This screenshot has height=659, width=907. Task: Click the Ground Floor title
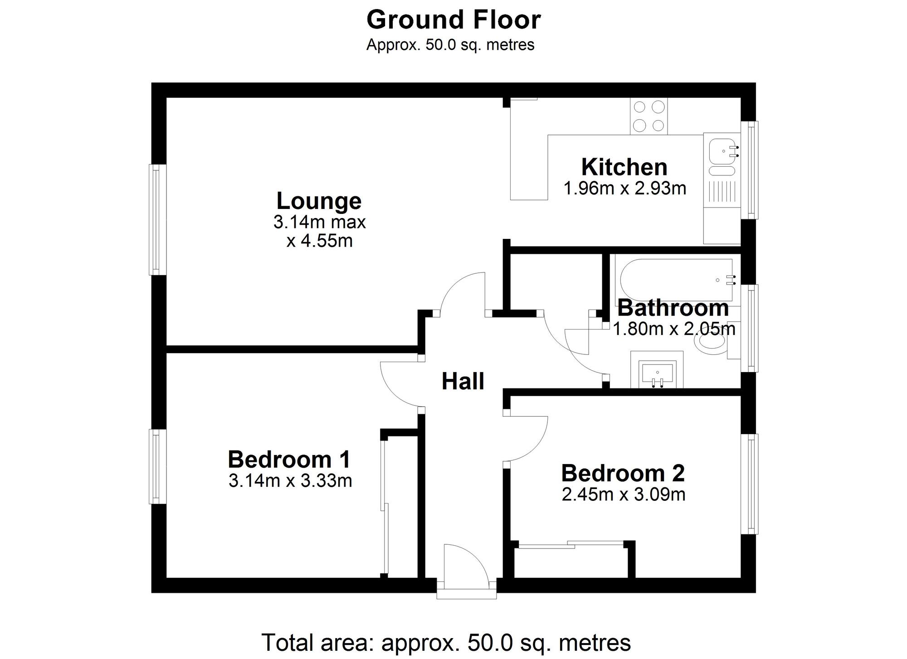(x=453, y=20)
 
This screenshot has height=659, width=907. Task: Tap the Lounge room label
(x=319, y=201)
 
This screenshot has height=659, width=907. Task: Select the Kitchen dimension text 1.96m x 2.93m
(x=624, y=188)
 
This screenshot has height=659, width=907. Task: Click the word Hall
(x=463, y=382)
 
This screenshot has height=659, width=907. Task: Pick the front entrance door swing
(x=465, y=564)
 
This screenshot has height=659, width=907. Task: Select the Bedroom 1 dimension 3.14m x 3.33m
(x=290, y=480)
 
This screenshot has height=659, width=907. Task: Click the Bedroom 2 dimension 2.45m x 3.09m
(x=623, y=494)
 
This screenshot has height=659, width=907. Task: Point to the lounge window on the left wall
(x=157, y=219)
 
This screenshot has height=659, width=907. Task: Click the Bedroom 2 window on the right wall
(x=749, y=484)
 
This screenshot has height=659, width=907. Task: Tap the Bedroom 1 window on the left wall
(x=157, y=466)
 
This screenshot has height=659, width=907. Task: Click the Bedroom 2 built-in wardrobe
(x=571, y=562)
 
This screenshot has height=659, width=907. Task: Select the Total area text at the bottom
(x=446, y=642)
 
